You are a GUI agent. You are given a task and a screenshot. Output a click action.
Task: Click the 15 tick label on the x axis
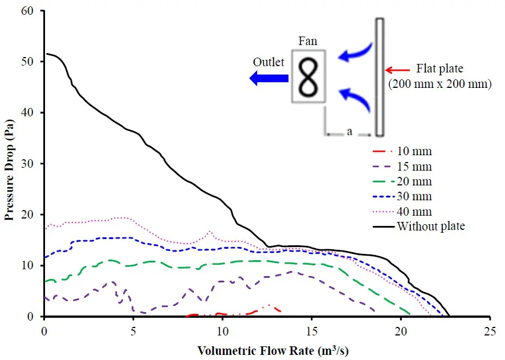312,330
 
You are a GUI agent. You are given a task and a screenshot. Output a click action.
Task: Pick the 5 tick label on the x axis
133,330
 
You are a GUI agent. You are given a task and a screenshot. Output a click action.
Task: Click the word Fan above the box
308,42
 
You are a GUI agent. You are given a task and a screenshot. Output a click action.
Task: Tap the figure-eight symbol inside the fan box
308,76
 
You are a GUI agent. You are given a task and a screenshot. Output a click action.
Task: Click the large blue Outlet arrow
269,79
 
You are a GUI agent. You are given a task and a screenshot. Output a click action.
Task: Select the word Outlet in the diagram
268,62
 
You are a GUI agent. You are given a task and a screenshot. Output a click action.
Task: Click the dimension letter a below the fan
349,132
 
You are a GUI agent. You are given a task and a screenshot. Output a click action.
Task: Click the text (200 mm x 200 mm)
439,84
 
